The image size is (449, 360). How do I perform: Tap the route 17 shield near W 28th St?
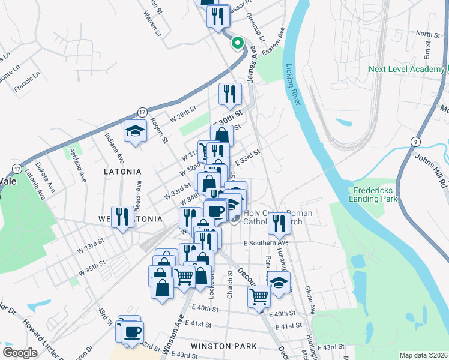142,112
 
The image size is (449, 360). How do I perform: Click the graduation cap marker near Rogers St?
136,131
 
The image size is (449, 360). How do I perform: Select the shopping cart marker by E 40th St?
259,296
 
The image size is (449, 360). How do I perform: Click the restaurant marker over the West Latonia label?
122,217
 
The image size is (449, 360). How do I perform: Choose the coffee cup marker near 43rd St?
132,331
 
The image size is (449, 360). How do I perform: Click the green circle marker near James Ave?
237,43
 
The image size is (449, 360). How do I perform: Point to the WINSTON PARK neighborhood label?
224,346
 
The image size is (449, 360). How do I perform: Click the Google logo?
20,353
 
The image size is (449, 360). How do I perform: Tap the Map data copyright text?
423,355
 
